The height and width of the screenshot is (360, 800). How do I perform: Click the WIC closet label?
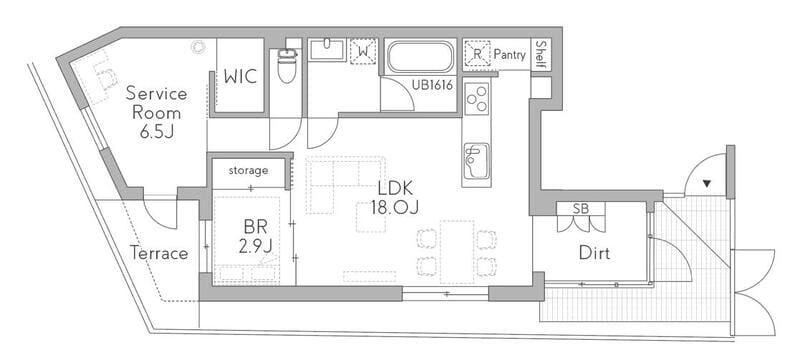point(240,76)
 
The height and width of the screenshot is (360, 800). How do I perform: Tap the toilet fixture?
point(287,66)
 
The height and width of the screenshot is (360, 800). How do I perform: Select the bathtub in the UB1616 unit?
point(420,58)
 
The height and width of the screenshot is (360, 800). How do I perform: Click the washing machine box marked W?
point(363,51)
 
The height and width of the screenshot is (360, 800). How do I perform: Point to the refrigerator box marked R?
point(477,54)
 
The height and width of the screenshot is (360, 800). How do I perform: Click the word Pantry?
point(509,55)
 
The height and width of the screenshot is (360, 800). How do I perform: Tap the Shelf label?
point(541,55)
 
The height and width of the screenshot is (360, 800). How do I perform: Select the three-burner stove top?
point(477,97)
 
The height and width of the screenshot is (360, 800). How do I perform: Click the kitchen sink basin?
point(477,161)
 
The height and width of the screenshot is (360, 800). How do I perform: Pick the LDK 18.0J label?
point(394,198)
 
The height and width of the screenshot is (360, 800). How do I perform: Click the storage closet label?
point(248,170)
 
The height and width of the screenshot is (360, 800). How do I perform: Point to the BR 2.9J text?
point(255,236)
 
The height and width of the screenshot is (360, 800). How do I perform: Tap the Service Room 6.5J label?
point(156,113)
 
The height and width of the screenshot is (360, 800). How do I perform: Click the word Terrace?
point(159,253)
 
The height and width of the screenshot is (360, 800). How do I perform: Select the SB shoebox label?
point(580,208)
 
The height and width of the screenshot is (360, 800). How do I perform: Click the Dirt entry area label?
point(594,252)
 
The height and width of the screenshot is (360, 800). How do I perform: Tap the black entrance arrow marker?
point(706,183)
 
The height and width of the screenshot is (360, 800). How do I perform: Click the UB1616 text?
point(433,86)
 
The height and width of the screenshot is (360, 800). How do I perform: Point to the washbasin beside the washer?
point(327,50)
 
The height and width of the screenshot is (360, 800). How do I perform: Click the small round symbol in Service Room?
point(197,46)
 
